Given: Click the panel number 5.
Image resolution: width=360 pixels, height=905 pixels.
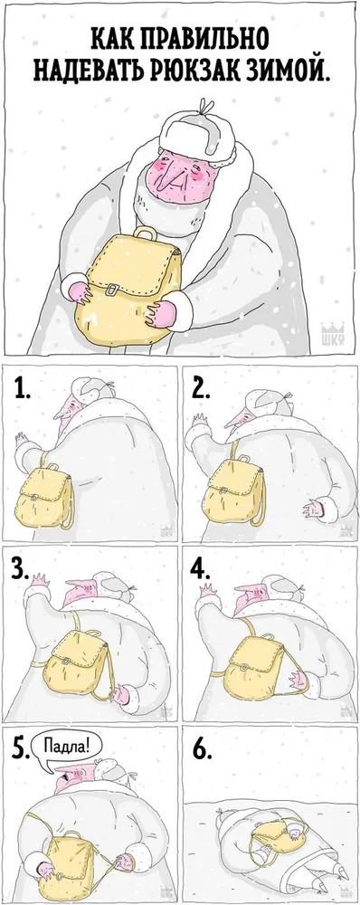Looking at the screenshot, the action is (20, 749).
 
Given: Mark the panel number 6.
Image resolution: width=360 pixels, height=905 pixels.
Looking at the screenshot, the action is (200, 749).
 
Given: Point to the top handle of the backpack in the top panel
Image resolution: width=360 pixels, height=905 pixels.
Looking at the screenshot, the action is (145, 234).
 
